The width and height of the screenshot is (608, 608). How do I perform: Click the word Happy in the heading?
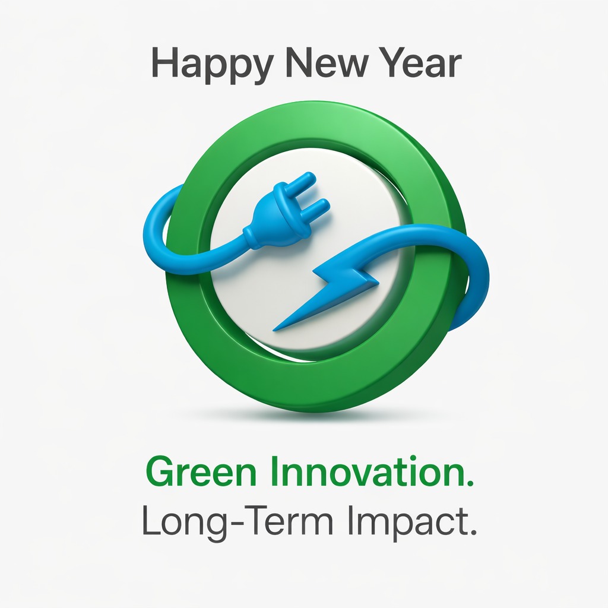click(201, 64)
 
